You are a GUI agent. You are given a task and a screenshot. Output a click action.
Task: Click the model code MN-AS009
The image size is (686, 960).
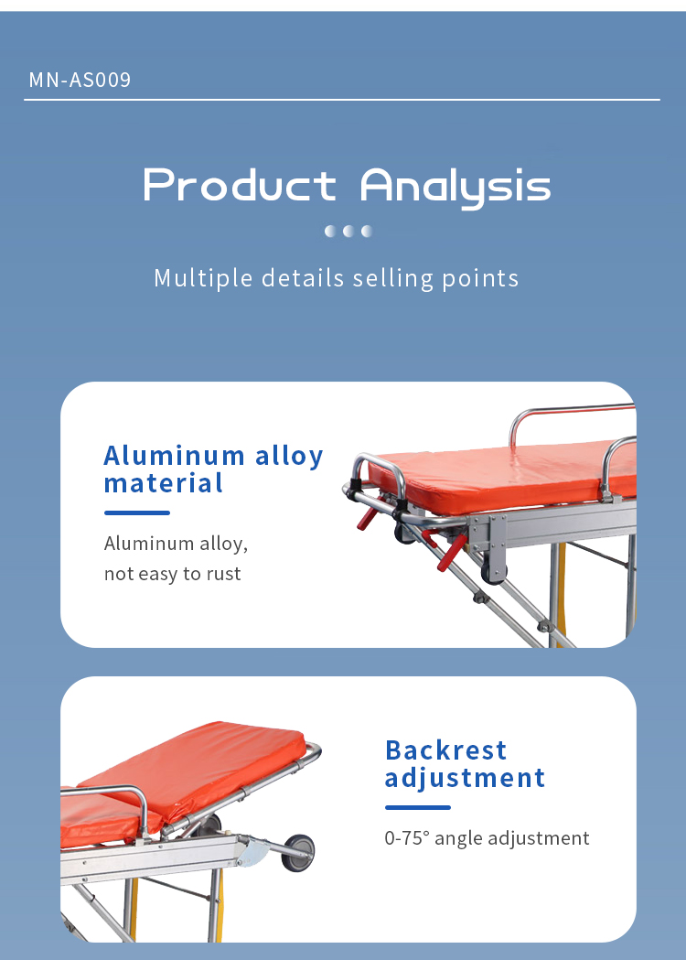click(80, 80)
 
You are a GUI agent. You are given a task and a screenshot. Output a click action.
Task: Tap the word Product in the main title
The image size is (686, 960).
click(240, 184)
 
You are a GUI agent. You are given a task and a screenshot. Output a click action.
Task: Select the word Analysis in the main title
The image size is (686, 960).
click(456, 187)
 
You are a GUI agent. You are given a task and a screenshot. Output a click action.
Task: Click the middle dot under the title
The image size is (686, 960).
click(348, 231)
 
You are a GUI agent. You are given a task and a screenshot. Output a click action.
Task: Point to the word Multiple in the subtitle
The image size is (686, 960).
click(202, 278)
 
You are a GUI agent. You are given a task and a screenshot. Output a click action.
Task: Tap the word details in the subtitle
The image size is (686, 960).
click(303, 278)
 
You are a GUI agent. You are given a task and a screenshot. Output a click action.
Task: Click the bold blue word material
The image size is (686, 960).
click(163, 484)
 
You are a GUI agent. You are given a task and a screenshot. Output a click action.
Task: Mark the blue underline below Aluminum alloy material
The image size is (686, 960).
click(137, 513)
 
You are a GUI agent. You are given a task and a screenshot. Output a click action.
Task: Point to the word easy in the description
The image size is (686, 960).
click(158, 575)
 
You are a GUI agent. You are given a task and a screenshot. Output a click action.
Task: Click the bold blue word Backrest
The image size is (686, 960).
click(446, 750)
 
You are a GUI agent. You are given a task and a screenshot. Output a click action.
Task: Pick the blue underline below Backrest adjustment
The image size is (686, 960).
click(418, 807)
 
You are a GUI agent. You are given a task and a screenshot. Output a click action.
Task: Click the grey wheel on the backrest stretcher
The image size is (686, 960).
click(298, 852)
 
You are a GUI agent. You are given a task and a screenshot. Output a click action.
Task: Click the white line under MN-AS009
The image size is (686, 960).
click(342, 99)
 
